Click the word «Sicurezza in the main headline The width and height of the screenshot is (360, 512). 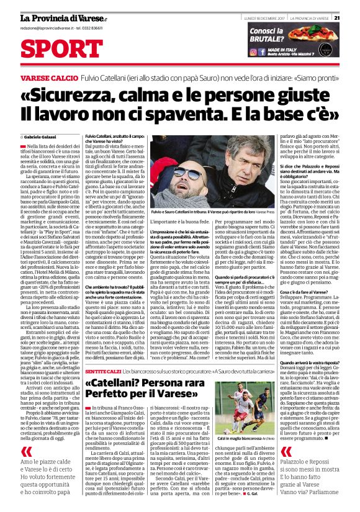(81, 97)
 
